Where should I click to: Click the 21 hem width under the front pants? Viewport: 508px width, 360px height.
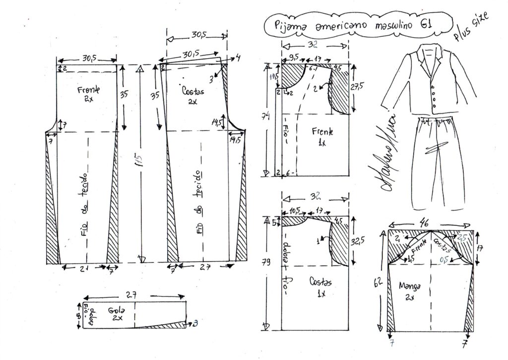(x=84, y=269)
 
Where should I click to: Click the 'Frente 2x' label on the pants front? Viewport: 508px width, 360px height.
(x=89, y=94)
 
